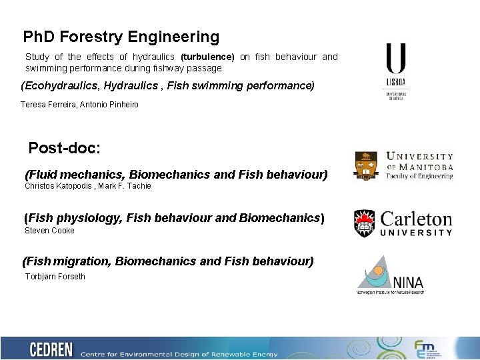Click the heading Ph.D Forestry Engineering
(x=121, y=37)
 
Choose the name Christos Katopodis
(x=57, y=186)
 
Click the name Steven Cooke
(x=49, y=231)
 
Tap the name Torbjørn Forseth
(x=55, y=277)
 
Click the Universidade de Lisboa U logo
(x=396, y=59)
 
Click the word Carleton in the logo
(x=416, y=219)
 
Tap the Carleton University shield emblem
(x=365, y=223)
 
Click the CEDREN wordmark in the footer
(x=52, y=349)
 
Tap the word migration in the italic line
(x=82, y=261)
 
